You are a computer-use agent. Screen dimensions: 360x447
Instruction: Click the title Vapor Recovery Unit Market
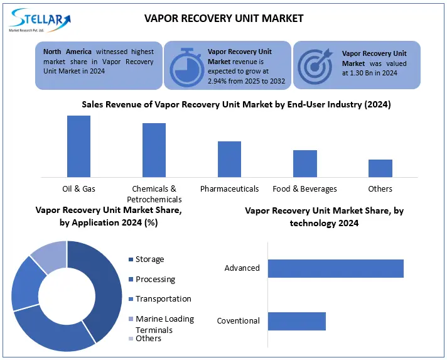(x=223, y=18)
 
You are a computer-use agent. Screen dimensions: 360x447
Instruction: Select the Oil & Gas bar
(x=78, y=146)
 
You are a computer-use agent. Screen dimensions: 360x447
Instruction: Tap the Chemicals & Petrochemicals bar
(x=154, y=150)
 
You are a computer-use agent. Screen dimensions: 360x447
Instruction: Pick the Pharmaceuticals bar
(x=229, y=159)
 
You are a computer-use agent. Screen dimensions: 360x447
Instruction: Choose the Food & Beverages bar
(x=304, y=163)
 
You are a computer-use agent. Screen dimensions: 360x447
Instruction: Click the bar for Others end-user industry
(x=380, y=168)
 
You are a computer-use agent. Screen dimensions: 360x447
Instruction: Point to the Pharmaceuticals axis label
(x=229, y=188)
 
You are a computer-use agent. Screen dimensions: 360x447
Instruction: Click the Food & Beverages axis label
(x=304, y=188)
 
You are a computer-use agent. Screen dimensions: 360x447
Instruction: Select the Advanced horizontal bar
(x=335, y=268)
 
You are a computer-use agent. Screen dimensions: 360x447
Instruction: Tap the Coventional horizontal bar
(x=296, y=321)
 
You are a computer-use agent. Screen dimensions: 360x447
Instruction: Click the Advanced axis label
(x=242, y=268)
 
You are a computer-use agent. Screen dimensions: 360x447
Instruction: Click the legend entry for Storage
(x=149, y=259)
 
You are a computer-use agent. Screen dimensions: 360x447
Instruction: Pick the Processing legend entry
(x=155, y=279)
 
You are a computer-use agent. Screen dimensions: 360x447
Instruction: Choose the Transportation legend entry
(x=163, y=299)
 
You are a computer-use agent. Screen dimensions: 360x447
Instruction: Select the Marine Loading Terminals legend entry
(x=164, y=324)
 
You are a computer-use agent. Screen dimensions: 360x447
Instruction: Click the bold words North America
(x=67, y=51)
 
